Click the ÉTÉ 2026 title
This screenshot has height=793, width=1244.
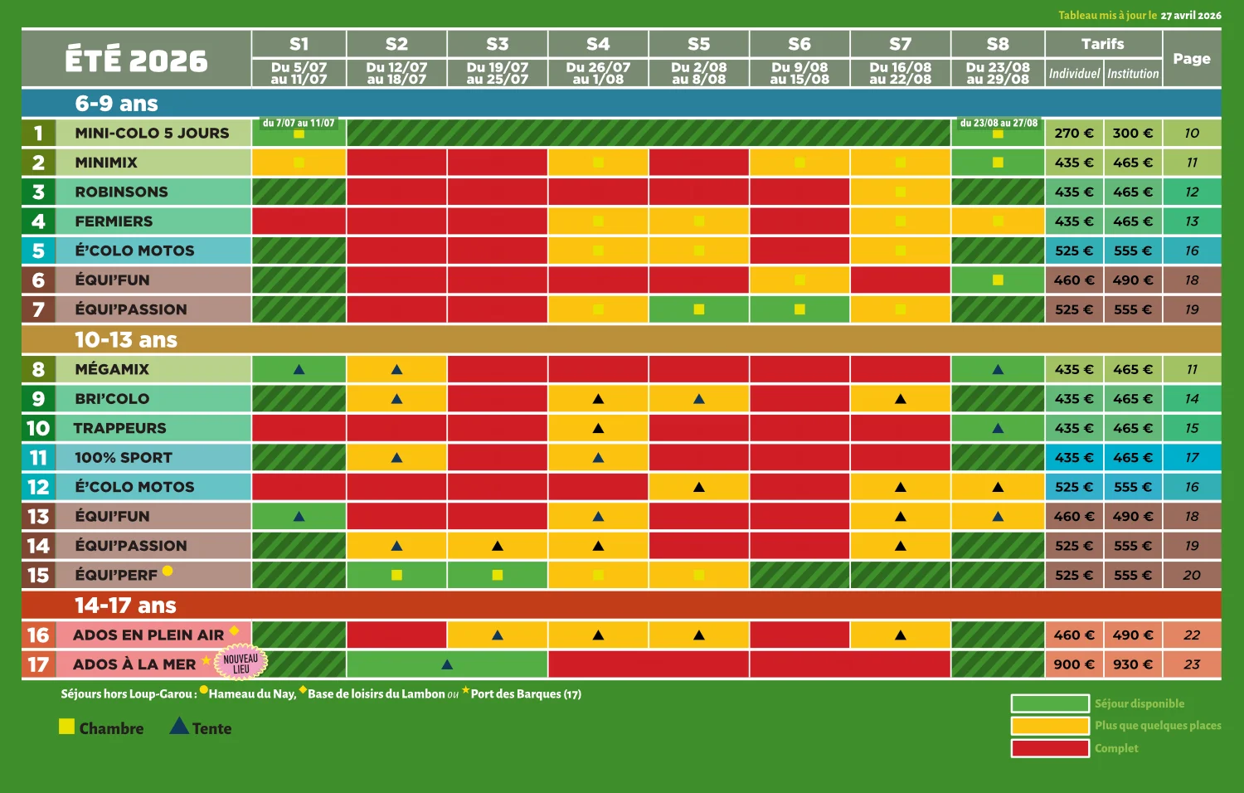136,60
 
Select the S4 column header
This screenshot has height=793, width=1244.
598,44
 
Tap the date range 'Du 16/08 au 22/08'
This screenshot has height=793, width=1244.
900,73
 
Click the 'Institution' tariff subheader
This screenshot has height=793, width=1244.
1133,74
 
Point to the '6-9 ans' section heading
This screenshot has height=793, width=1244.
116,104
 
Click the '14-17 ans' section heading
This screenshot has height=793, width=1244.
125,606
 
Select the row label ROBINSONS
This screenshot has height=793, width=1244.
121,192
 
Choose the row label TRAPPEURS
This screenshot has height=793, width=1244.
119,428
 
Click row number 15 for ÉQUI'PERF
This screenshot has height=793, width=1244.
38,576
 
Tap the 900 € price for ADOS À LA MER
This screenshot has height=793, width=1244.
1073,664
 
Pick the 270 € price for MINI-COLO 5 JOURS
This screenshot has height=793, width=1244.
1073,134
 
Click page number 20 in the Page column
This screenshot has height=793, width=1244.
1192,576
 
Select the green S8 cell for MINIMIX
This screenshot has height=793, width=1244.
998,163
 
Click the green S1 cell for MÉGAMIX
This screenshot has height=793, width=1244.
299,369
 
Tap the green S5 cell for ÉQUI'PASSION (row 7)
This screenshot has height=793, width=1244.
698,309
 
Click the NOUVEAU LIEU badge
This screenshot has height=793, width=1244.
241,664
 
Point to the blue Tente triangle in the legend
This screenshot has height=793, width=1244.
179,727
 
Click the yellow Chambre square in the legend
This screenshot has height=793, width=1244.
67,727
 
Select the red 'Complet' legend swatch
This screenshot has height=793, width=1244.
1049,748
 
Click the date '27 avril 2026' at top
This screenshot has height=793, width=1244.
1190,16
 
